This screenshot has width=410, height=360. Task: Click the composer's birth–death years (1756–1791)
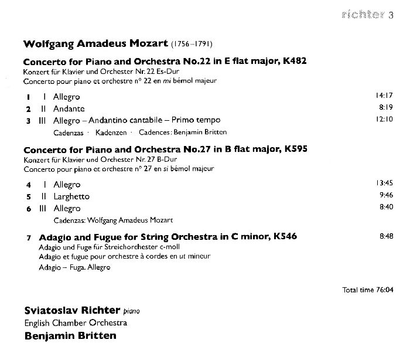pos(192,44)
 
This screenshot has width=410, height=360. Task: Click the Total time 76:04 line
pos(368,290)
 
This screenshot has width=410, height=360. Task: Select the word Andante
pos(69,108)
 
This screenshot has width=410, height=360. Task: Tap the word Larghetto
pos(71,196)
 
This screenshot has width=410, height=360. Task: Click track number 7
pos(28,237)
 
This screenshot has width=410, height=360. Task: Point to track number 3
pos(28,121)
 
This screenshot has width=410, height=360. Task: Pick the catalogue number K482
pos(295,60)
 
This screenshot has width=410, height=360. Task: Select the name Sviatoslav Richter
pos(72,310)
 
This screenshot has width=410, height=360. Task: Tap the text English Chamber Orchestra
pos(76,322)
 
